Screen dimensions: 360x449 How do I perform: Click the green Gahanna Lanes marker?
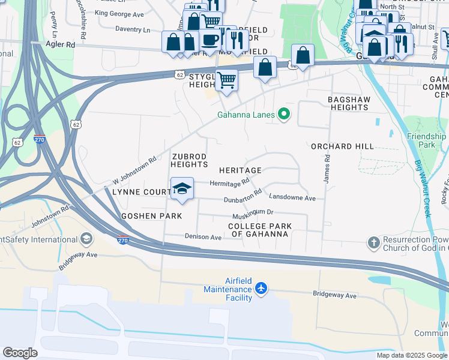pos(285,115)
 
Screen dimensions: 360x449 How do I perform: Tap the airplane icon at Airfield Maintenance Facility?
pos(261,289)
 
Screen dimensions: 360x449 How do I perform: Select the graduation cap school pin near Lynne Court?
pos(182,189)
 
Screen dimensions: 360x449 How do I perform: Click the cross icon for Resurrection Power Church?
pos(373,243)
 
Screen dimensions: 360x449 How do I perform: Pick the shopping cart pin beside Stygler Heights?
pos(226,79)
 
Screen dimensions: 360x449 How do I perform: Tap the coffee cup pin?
pos(209,40)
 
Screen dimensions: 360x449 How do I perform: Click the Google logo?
pos(20,353)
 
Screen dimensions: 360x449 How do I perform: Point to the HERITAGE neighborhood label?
pos(240,170)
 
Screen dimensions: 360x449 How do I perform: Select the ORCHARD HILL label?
pos(342,146)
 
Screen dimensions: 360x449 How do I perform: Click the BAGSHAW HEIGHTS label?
pos(348,103)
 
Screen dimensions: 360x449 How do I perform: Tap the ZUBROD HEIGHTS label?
pos(190,160)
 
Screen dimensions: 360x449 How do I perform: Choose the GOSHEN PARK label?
pos(143,215)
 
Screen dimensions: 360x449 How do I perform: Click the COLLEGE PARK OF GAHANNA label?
pos(260,230)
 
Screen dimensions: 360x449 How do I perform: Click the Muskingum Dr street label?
pos(253,212)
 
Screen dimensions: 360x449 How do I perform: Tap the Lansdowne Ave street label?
pos(292,197)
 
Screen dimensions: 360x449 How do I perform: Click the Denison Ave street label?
pos(203,236)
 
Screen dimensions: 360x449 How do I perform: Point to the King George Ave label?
pos(119,13)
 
